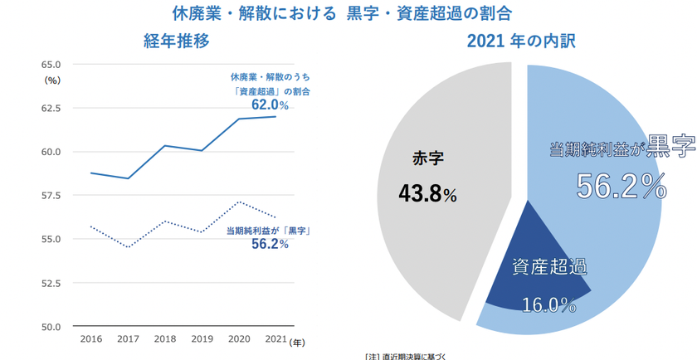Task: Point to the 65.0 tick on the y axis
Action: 51,65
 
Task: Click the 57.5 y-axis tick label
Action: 51,196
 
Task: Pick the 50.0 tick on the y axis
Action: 51,327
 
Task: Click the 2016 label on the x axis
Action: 90,340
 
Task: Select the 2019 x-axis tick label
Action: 202,340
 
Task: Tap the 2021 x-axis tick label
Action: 275,340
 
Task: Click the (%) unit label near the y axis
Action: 52,80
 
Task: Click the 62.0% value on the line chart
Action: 270,105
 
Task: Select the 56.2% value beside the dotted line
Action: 270,244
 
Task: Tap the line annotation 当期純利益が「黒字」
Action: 268,229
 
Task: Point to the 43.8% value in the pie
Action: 427,195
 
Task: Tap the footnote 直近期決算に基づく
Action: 417,356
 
